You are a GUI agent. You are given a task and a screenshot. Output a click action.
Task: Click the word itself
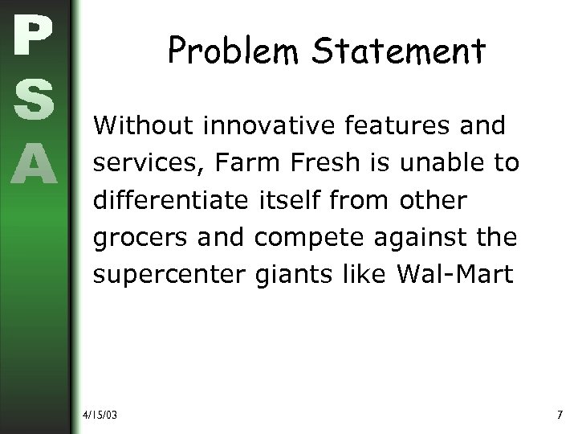point(295,201)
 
